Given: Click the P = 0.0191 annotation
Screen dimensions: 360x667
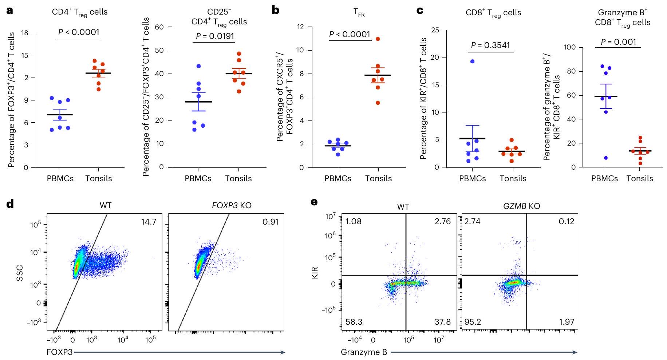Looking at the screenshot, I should tap(214, 36).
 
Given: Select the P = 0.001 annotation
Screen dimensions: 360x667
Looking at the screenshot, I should tap(618, 42).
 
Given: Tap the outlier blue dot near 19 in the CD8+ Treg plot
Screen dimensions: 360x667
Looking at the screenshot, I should tap(472, 61).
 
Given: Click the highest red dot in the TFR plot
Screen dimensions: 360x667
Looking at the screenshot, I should tap(378, 39).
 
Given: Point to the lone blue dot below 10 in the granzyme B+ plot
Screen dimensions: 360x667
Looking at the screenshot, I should tap(605, 158).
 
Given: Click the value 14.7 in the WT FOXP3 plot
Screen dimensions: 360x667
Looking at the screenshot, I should tap(149, 222).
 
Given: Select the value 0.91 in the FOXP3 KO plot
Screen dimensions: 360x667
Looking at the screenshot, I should tap(270, 222).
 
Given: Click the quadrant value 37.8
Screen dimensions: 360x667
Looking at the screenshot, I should tap(442, 322).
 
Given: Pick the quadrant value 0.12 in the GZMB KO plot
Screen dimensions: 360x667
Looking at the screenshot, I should tap(566, 221).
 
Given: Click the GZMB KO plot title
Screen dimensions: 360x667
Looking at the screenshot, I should tap(521, 206).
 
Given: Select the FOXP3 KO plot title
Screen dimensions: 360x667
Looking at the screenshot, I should tap(232, 205).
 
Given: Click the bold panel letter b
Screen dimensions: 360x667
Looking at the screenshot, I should tap(276, 10).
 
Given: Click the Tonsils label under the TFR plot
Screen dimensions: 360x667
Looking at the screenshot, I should tap(378, 178).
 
